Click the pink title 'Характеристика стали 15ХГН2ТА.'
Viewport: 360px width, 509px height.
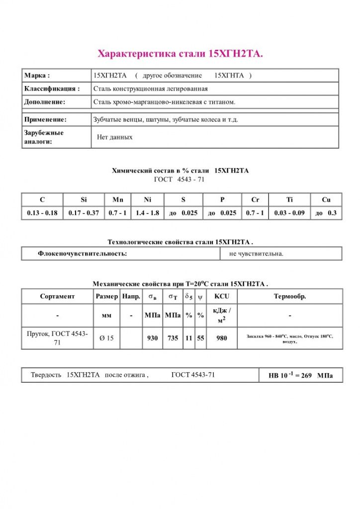point(180,54)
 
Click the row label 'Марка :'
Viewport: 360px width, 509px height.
point(37,76)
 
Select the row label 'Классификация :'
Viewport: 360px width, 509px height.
point(52,89)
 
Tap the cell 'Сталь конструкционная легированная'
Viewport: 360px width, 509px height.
point(150,89)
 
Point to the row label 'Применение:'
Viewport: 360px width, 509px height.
point(45,120)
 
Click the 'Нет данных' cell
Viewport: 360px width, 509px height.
point(114,137)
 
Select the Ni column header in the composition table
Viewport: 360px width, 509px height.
point(147,200)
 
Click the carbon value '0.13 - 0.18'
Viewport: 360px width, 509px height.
point(42,213)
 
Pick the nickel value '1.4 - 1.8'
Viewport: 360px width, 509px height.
point(147,213)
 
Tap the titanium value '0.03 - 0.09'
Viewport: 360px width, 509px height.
point(289,213)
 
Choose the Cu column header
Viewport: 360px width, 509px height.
point(326,200)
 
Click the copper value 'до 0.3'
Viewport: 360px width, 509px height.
point(326,213)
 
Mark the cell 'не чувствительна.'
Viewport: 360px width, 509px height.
point(256,254)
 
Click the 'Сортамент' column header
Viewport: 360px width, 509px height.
point(57,297)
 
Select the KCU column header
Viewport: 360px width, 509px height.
point(222,297)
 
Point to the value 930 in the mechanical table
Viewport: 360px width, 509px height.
point(152,339)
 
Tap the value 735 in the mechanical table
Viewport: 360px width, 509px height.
point(173,339)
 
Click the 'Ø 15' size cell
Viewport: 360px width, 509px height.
point(106,339)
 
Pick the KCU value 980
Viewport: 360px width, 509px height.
point(222,339)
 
